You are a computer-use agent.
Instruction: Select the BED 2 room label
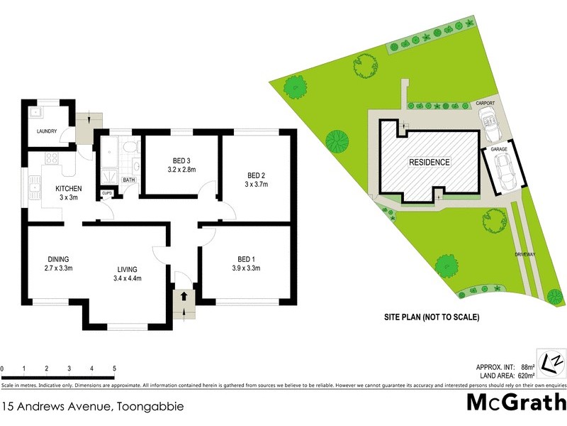[256, 175]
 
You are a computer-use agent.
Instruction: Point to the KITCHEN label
[69, 188]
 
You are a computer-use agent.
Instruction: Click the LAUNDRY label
[47, 131]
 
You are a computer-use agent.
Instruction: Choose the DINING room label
[59, 258]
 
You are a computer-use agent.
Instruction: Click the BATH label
[129, 180]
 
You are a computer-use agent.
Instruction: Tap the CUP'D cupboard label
[107, 193]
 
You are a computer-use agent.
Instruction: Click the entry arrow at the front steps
[185, 295]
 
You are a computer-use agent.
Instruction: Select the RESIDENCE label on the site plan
[429, 162]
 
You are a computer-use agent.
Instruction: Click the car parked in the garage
[507, 170]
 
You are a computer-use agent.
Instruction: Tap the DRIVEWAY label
[525, 253]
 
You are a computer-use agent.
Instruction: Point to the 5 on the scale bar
[115, 369]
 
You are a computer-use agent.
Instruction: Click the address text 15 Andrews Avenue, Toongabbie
[93, 407]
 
